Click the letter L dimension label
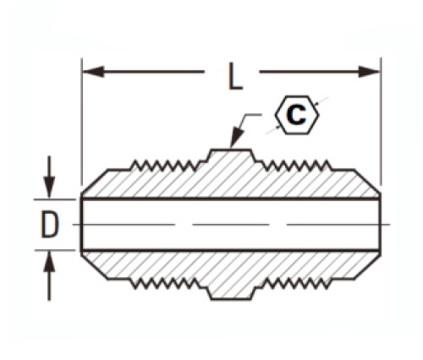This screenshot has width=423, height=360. (x=234, y=76)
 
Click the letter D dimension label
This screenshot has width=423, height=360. (x=50, y=225)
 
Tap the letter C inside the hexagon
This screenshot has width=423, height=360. (x=296, y=115)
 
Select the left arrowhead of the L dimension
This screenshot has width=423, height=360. (x=93, y=72)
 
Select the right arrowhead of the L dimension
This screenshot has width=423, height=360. (x=370, y=72)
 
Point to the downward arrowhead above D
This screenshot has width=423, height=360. (x=49, y=188)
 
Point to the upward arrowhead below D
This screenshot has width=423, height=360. (x=49, y=262)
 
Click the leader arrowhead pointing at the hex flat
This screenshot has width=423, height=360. (x=236, y=138)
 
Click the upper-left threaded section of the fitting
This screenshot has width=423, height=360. (x=166, y=166)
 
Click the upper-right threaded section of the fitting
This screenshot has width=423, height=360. (x=296, y=166)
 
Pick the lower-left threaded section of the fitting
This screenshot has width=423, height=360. (x=166, y=283)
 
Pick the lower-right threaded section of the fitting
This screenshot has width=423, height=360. (x=296, y=283)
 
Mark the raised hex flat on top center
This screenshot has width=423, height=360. (x=231, y=150)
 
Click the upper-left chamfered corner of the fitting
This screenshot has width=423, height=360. (x=95, y=182)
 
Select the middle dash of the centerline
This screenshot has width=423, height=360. (x=231, y=225)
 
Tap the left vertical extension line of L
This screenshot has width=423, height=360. (x=81, y=121)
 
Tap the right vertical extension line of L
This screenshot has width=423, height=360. (x=381, y=122)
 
